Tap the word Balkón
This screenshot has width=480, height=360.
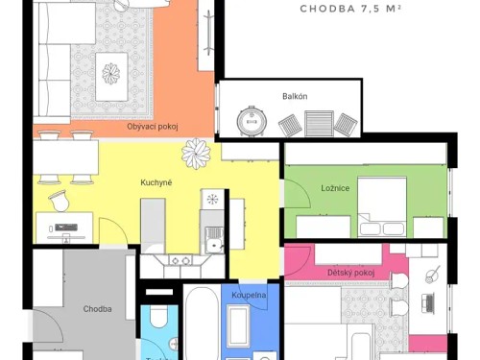[x=295, y=97]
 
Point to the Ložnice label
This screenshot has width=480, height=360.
[x=335, y=188]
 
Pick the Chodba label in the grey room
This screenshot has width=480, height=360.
[x=97, y=309]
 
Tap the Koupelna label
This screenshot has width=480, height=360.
[x=249, y=295]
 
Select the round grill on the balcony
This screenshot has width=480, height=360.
[x=252, y=121]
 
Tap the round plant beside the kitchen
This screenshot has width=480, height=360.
[x=197, y=151]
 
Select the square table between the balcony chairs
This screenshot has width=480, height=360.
[x=316, y=122]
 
